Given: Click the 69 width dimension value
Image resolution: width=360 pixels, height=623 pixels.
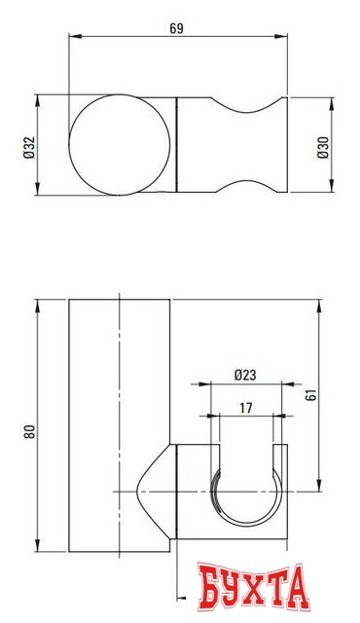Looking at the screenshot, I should point(177,29).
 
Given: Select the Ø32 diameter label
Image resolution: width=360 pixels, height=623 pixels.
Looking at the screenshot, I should point(28,144).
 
